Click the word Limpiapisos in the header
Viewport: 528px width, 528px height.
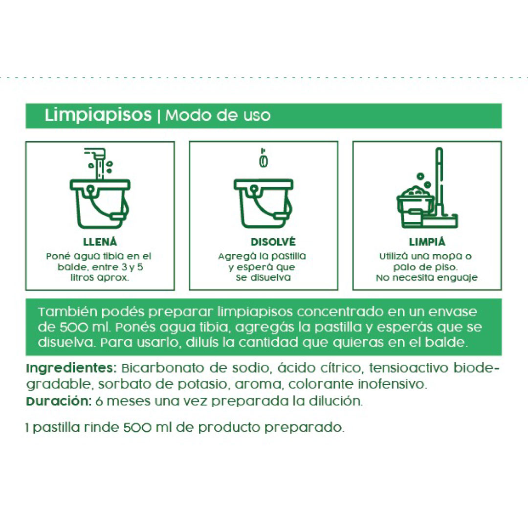point(98,115)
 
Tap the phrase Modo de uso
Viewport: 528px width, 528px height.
point(218,115)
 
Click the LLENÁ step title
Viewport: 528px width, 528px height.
point(100,242)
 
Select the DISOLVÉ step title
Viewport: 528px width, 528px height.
point(273,242)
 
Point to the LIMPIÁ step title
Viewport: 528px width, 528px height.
point(427,242)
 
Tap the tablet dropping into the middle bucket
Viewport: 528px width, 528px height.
point(264,160)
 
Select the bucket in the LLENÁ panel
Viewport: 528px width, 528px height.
point(100,204)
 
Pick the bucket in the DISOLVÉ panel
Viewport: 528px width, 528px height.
point(264,204)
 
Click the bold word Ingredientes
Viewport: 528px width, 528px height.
point(71,368)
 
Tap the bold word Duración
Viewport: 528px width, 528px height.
point(59,401)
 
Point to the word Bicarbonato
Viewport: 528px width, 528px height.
point(163,368)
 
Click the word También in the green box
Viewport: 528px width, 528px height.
point(67,312)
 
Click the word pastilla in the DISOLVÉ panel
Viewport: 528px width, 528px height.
point(288,257)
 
